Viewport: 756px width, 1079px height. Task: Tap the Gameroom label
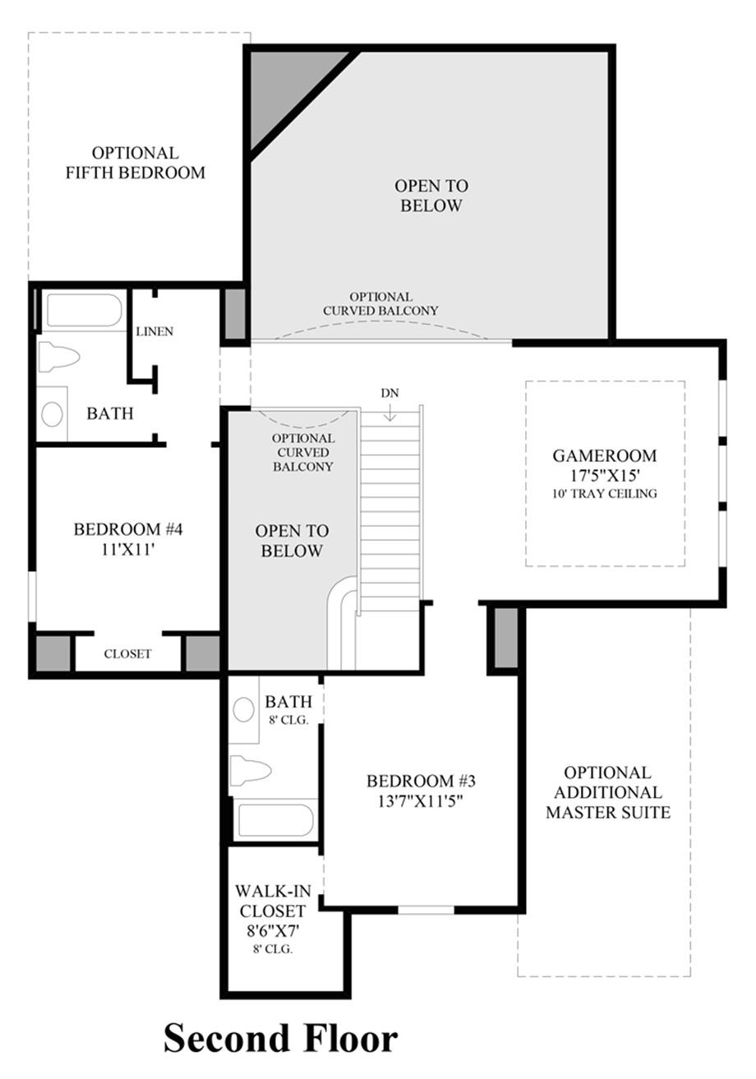pos(604,455)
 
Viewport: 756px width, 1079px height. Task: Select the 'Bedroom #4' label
pos(128,529)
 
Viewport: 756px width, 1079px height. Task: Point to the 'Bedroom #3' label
pos(421,781)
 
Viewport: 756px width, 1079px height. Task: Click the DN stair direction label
pos(390,393)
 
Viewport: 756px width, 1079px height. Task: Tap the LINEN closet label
pos(154,331)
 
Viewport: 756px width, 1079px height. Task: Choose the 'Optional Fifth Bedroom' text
pos(136,163)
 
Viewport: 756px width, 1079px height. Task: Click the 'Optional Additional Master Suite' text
pos(608,792)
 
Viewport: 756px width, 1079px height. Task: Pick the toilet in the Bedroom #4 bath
pos(58,357)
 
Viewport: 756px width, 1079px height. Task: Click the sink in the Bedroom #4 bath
pos(52,414)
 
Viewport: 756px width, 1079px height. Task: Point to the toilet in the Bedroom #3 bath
pos(251,771)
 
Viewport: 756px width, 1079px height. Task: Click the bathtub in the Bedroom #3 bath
pos(276,820)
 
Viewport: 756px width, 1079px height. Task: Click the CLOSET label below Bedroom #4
pos(127,653)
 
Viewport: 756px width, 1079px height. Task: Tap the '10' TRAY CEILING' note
pos(605,493)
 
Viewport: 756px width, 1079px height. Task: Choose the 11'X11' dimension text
pos(128,549)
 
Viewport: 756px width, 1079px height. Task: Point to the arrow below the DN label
pos(390,412)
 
